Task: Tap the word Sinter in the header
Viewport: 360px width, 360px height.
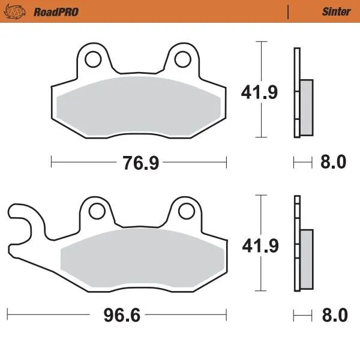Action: click(x=337, y=11)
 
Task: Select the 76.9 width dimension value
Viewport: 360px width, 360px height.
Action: click(x=139, y=161)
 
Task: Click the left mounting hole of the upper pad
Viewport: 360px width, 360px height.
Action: click(x=93, y=59)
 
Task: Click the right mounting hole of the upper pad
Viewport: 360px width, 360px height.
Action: click(x=183, y=59)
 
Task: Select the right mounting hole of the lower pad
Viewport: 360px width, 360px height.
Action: click(x=185, y=210)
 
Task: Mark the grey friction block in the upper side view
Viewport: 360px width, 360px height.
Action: click(x=305, y=107)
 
